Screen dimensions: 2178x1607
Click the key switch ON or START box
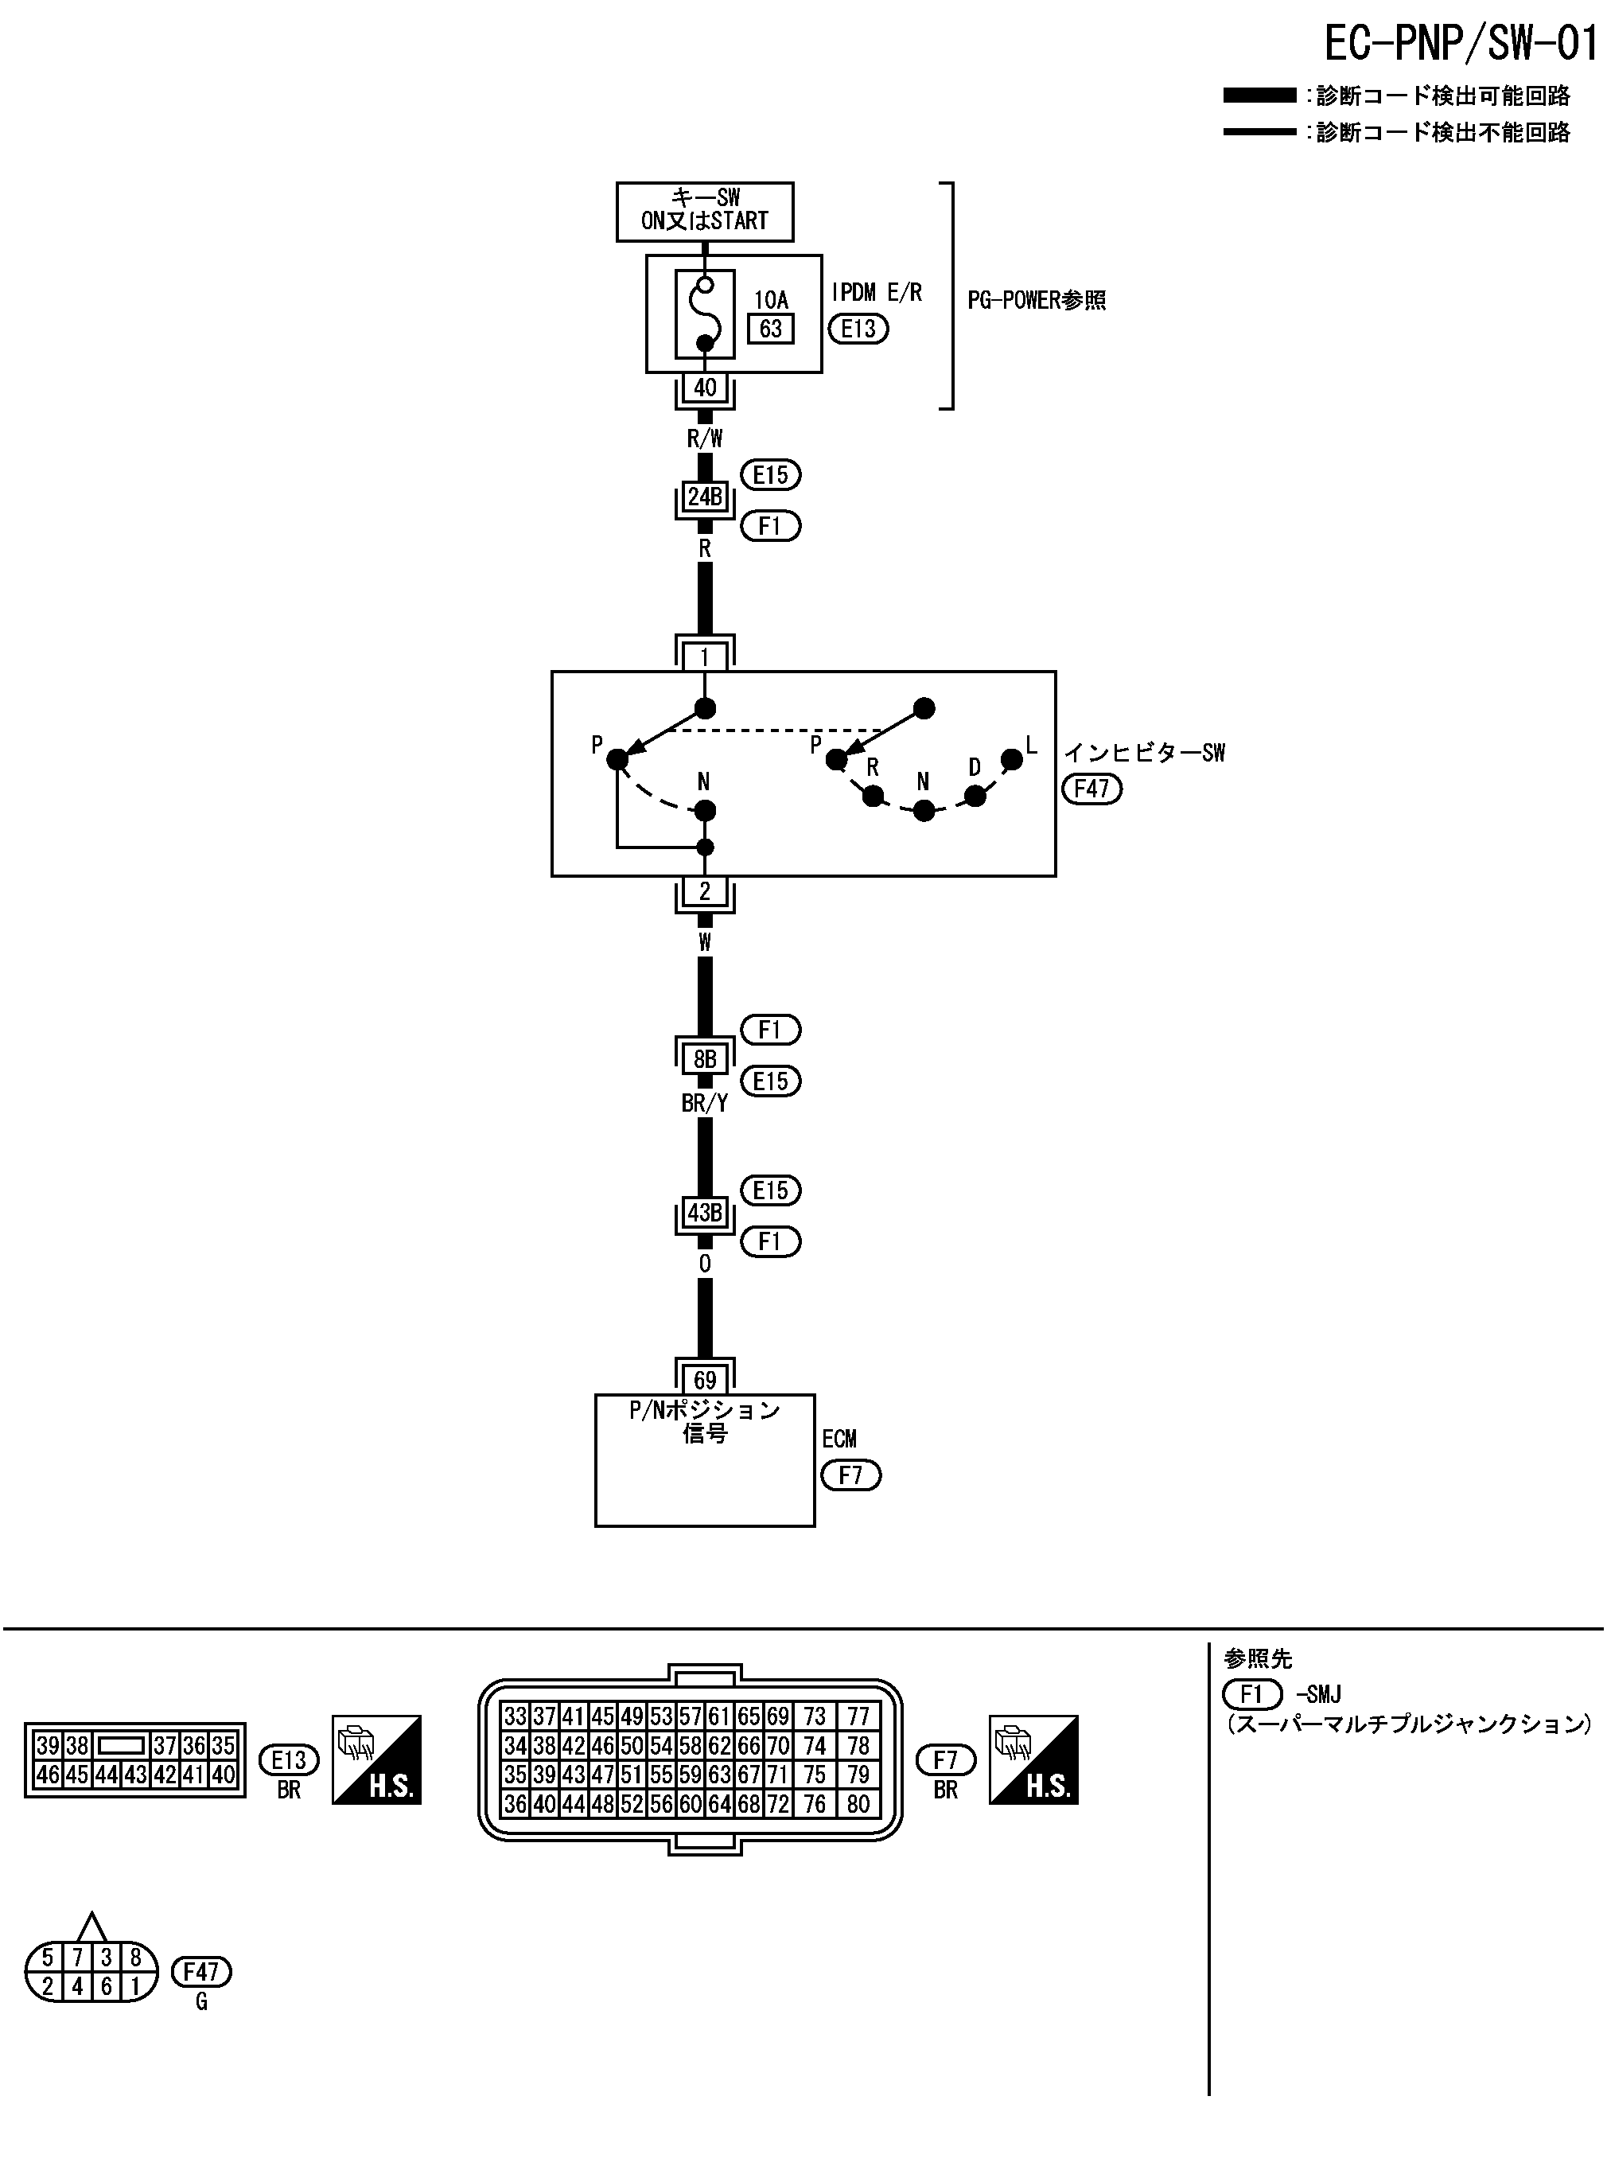point(704,211)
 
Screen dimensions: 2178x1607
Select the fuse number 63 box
point(770,329)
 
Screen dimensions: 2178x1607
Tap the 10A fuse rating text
point(770,300)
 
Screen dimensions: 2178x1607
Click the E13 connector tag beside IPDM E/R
point(858,329)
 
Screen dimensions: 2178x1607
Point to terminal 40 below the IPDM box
point(704,388)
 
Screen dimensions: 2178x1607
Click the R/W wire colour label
point(704,438)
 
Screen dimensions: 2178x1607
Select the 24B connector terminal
point(704,497)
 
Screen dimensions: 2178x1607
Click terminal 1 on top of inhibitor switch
point(704,657)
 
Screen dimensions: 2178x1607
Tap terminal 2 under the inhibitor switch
point(704,890)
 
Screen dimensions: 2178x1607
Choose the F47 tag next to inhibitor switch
point(1091,788)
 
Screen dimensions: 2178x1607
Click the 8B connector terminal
point(704,1058)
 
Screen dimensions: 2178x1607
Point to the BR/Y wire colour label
point(704,1103)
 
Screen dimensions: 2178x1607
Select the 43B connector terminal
point(704,1213)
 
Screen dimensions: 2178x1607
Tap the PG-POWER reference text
point(1036,301)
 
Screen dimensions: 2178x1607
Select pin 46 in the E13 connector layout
point(48,1775)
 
